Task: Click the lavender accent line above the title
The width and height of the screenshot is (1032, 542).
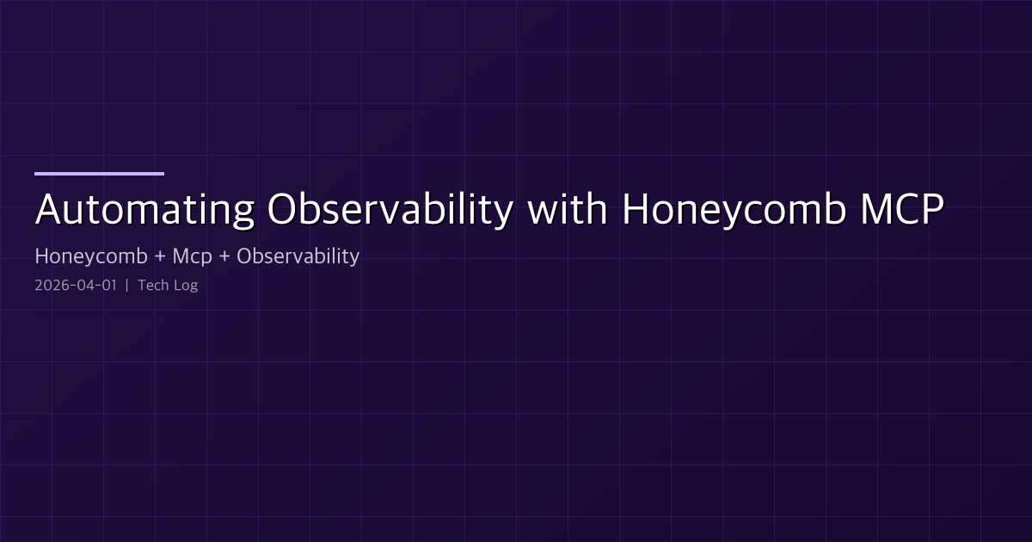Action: (99, 173)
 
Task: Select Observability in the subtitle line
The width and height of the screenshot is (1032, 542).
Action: (298, 256)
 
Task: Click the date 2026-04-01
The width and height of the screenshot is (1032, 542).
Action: (75, 286)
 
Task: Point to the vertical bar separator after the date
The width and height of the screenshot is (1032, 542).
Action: (126, 286)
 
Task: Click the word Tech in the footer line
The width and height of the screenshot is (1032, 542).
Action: (152, 286)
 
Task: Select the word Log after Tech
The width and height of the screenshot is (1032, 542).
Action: (185, 286)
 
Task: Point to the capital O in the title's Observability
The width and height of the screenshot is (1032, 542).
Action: (283, 211)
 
